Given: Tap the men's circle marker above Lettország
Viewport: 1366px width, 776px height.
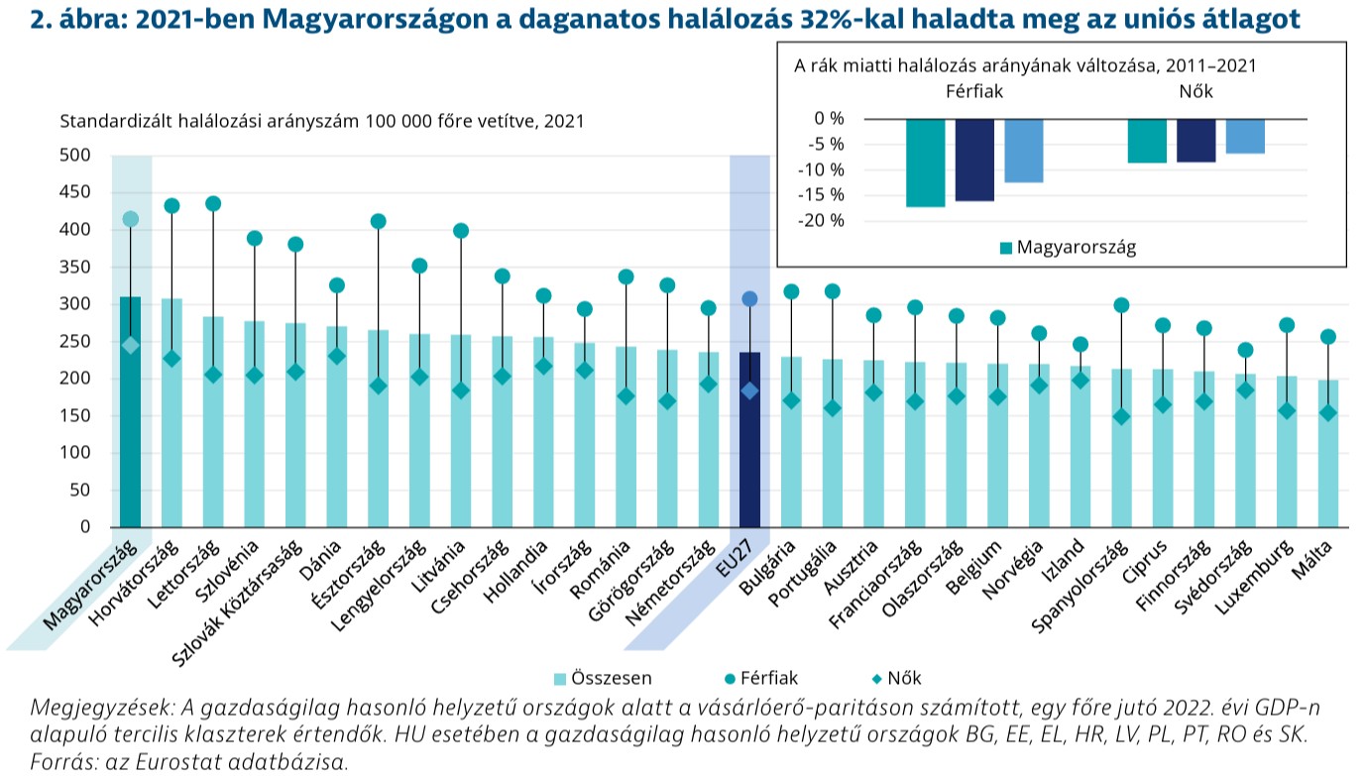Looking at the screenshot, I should [x=212, y=204].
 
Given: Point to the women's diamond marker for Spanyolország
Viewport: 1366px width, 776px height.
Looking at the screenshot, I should [x=1121, y=417].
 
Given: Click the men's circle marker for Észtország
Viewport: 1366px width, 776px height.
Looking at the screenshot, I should [x=378, y=222].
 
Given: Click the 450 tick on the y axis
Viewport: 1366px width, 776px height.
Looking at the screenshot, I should [x=75, y=193].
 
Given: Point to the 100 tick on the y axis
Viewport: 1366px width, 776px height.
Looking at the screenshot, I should [x=75, y=453].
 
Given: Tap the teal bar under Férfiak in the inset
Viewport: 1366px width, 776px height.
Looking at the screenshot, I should [x=926, y=163].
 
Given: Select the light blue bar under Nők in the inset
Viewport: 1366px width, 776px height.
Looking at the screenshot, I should [x=1245, y=137].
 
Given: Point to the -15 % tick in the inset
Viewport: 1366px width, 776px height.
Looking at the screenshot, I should [x=824, y=195].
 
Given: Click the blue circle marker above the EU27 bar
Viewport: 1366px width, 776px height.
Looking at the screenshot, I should [x=749, y=299].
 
